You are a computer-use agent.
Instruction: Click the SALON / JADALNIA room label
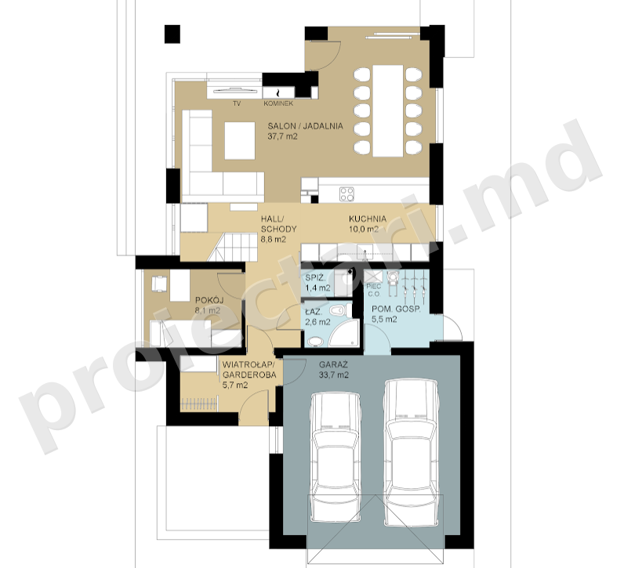tap(305, 126)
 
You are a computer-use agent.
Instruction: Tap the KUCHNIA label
tap(368, 219)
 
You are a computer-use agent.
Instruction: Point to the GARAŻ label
tap(333, 364)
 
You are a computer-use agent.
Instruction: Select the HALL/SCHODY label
tap(278, 224)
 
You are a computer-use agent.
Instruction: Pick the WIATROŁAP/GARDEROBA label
tap(249, 370)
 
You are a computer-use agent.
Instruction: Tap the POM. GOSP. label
tap(396, 309)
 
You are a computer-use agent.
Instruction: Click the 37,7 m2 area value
tap(282, 136)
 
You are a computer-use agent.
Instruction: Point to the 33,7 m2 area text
tap(333, 374)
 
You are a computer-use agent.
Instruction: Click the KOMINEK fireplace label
tap(278, 103)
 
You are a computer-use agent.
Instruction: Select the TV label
tap(237, 103)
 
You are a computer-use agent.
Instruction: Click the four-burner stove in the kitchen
tap(346, 194)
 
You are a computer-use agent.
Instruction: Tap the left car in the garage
tap(336, 458)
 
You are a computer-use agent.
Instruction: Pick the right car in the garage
tap(411, 453)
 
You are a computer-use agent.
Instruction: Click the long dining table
tap(388, 111)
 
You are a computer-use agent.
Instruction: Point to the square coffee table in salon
tap(240, 141)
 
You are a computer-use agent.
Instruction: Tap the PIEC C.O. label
tap(374, 290)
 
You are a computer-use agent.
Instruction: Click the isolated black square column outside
tap(172, 34)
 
